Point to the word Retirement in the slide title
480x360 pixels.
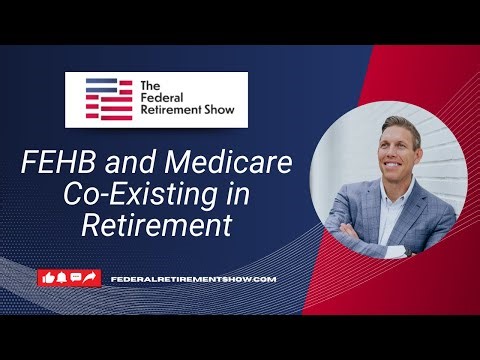163,225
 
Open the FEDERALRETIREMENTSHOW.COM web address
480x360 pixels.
193,278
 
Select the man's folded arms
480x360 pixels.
360,237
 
